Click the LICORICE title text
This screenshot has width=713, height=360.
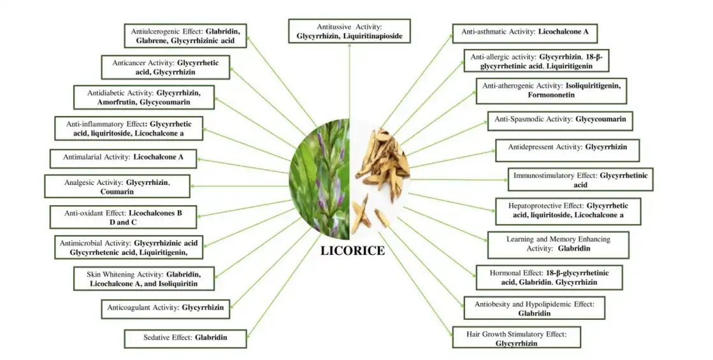click(x=352, y=250)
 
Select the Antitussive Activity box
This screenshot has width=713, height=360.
click(x=349, y=31)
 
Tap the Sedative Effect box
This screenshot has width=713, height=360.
click(x=185, y=338)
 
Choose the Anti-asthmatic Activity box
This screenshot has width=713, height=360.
click(x=525, y=31)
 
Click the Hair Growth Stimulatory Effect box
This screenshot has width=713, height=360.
click(x=516, y=338)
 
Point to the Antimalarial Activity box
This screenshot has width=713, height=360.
click(x=123, y=157)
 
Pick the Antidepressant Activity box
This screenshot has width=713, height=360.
click(x=567, y=147)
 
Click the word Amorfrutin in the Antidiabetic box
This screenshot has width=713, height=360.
click(x=133, y=101)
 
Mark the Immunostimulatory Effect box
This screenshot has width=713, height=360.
click(x=580, y=180)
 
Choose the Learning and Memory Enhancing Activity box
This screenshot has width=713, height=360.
click(x=558, y=244)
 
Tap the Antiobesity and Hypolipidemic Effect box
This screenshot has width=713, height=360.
click(x=534, y=308)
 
